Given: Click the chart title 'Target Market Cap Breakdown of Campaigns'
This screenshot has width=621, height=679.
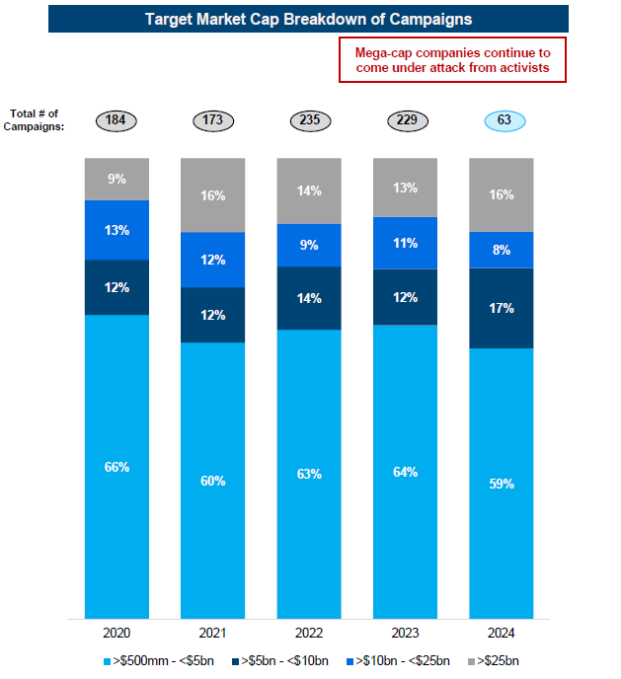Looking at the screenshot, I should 308,19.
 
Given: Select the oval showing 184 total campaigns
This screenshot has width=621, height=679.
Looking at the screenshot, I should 116,120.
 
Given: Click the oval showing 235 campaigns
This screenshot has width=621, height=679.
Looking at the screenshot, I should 309,120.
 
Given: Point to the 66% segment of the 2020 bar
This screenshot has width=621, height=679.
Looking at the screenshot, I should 116,466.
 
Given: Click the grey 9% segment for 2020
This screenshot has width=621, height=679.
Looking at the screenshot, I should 116,180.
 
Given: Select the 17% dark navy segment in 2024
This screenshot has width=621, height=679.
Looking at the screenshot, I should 502,308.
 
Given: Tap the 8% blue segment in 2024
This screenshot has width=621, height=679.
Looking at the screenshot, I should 502,250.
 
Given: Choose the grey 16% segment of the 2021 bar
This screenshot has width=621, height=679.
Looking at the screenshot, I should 213,196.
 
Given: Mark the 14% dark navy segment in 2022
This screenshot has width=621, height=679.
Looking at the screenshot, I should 309,297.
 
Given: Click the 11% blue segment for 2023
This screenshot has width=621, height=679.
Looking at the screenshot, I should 406,243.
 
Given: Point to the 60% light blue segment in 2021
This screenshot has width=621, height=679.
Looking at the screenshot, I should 213,481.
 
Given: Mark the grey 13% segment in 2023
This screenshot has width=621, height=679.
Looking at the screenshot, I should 406,189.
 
